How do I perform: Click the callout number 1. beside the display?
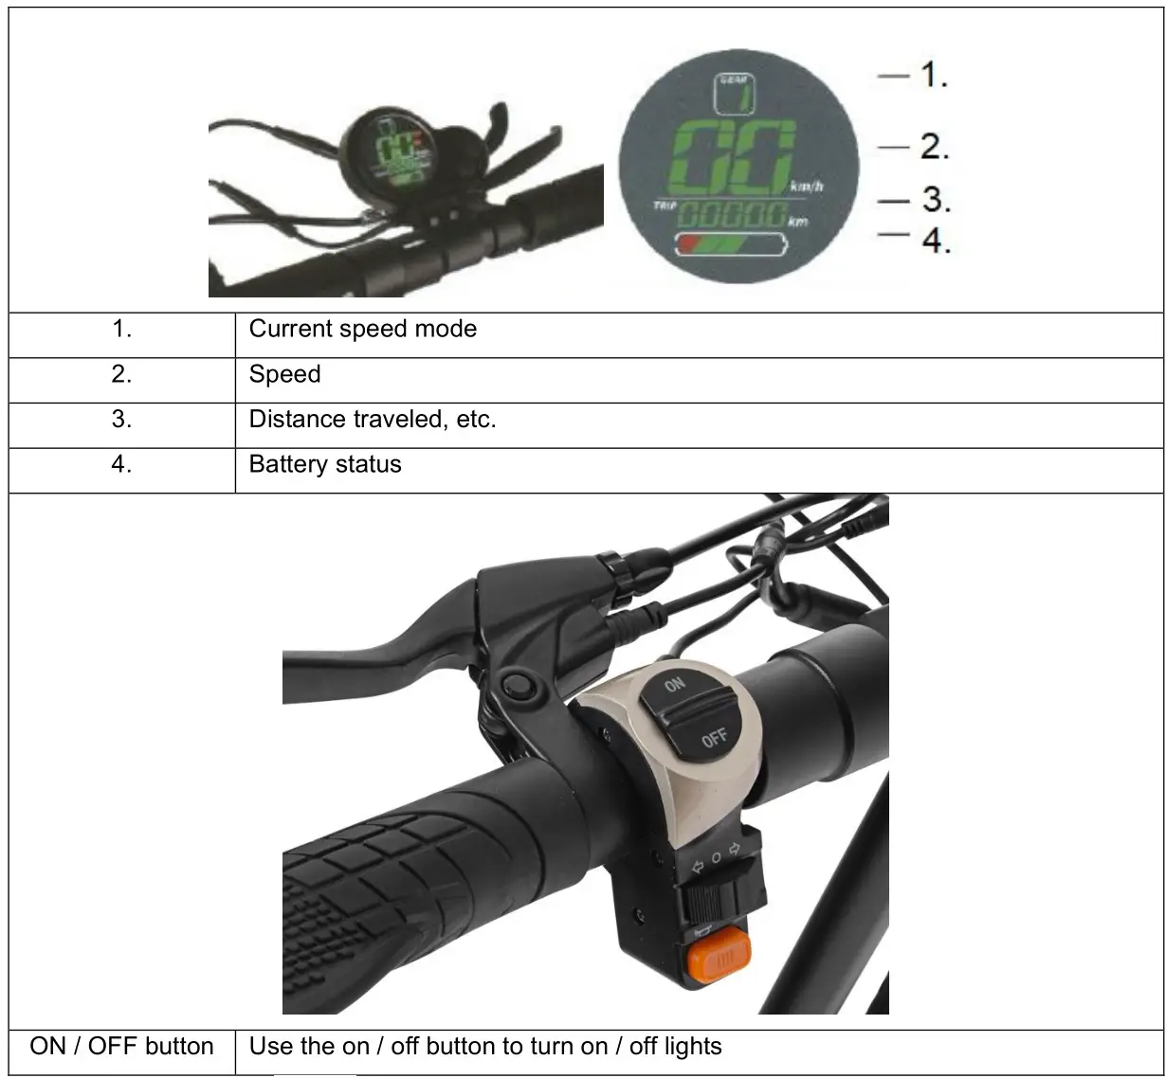tap(934, 74)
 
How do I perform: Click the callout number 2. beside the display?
tap(934, 146)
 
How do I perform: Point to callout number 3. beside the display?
tap(935, 200)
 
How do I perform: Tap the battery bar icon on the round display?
tap(730, 246)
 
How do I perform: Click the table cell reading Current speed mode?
tap(362, 330)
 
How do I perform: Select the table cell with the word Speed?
tap(284, 375)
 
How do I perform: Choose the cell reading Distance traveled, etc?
tap(372, 420)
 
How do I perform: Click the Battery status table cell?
tap(324, 465)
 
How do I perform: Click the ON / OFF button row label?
tap(121, 1047)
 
